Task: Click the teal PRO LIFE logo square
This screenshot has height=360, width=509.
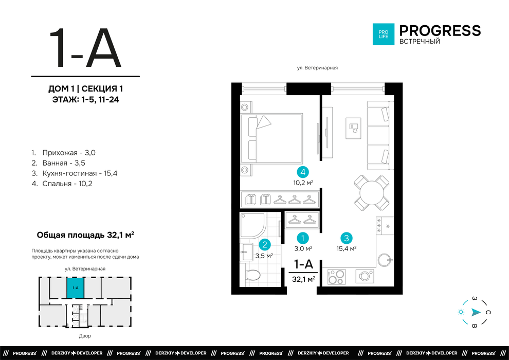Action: tap(384, 34)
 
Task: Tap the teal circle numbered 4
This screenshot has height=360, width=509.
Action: tap(303, 172)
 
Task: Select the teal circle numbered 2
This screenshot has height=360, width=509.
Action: tap(265, 244)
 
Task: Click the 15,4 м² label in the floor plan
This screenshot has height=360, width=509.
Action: tap(347, 248)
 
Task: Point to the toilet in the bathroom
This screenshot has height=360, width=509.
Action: tap(252, 275)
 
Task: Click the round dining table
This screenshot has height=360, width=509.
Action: tap(372, 192)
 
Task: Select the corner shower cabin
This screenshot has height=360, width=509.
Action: tap(252, 225)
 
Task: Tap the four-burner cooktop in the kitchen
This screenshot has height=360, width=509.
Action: tap(336, 277)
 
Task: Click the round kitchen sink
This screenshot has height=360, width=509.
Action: tap(385, 260)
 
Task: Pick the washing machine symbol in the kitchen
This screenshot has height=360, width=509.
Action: tap(365, 276)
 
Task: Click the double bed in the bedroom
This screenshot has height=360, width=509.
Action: tap(271, 138)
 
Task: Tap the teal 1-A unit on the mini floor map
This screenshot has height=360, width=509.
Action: tap(75, 288)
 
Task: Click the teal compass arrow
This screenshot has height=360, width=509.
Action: tap(476, 312)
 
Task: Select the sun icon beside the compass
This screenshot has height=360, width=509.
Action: tap(461, 312)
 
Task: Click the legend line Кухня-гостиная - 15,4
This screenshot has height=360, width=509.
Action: tap(75, 173)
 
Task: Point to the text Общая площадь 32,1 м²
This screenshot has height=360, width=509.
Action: tap(85, 235)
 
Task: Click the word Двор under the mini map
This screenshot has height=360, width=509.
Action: tap(85, 336)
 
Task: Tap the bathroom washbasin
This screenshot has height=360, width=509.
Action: tap(246, 252)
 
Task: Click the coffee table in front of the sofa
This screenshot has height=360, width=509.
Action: tap(353, 128)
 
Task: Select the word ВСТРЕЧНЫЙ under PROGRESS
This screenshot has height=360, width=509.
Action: tap(420, 42)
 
